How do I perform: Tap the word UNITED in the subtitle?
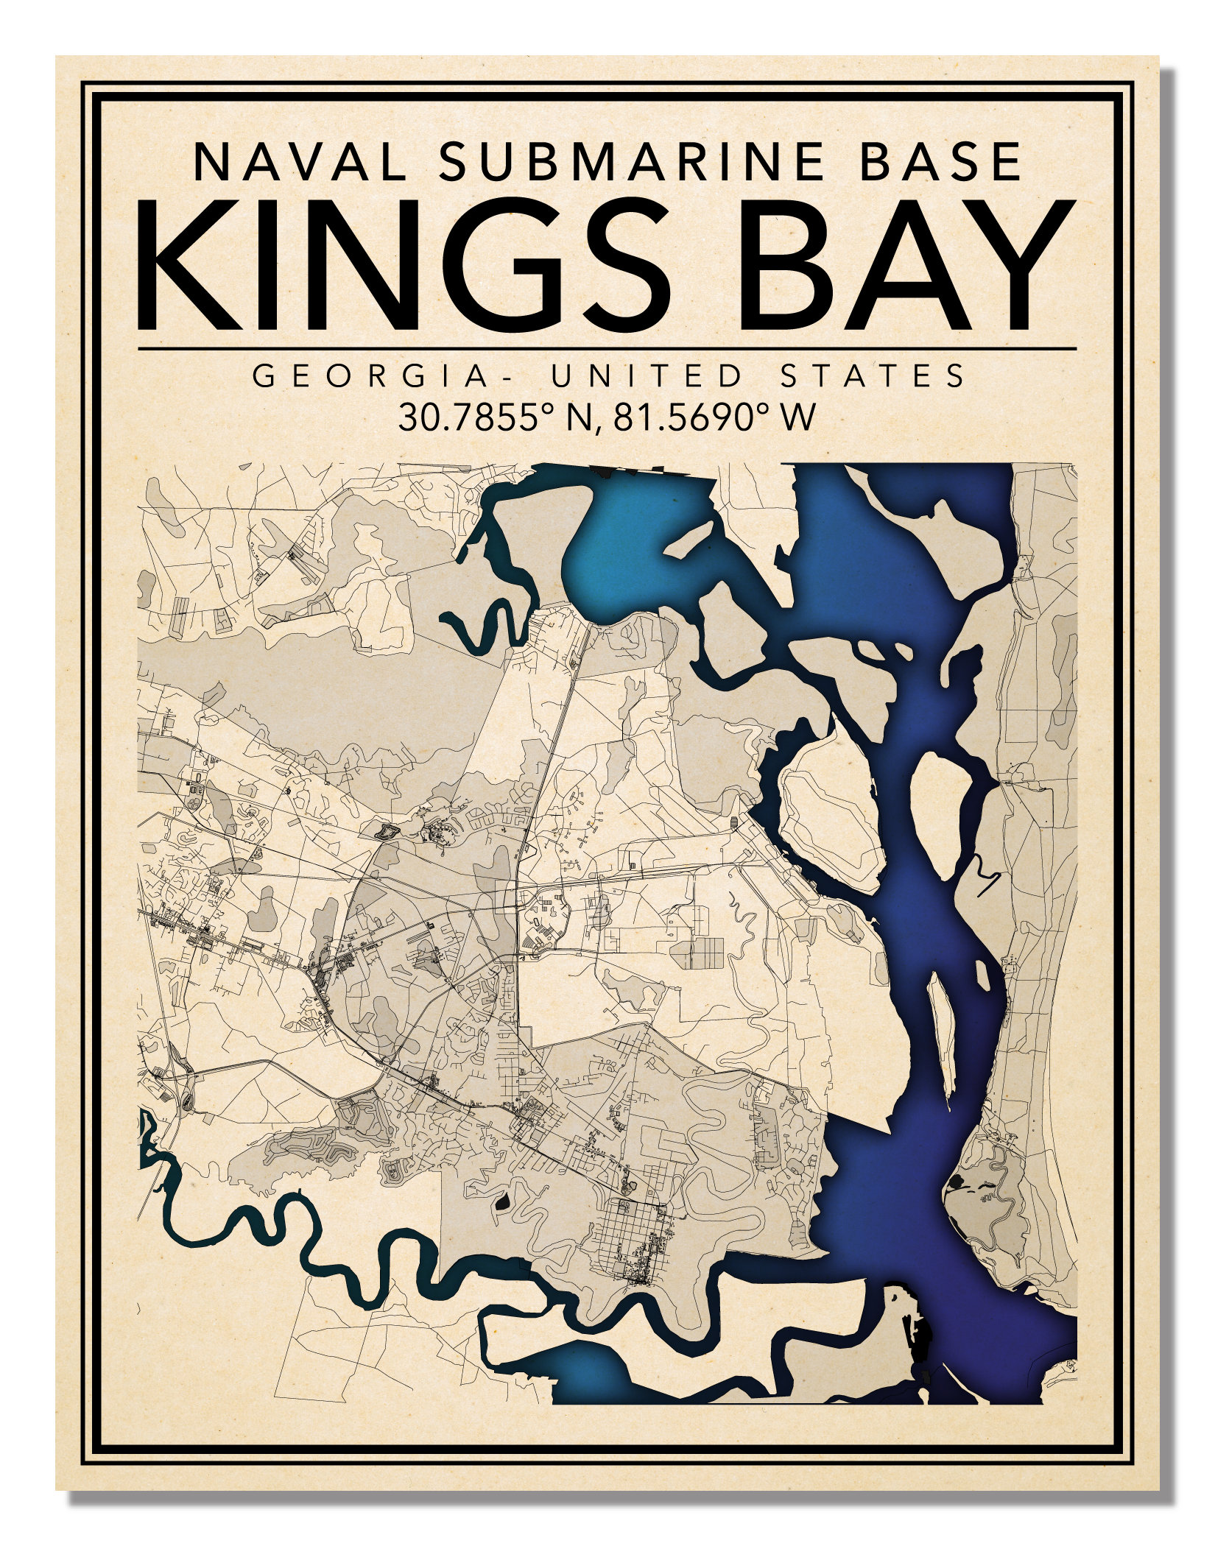[648, 376]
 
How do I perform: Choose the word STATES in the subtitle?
[873, 376]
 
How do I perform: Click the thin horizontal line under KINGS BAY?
[607, 347]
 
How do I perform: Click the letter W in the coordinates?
[799, 418]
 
